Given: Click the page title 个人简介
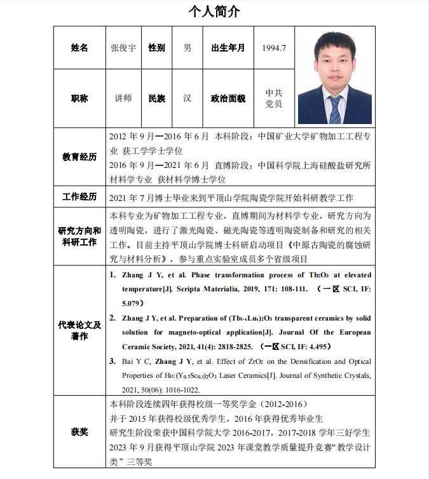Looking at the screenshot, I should pyautogui.click(x=214, y=11).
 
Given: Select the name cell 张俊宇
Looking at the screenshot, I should pyautogui.click(x=123, y=48).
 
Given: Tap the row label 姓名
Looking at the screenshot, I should pyautogui.click(x=79, y=48).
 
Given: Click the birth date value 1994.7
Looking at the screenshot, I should pyautogui.click(x=274, y=48).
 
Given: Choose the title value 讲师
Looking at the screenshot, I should pyautogui.click(x=123, y=98).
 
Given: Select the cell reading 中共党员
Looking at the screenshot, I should pyautogui.click(x=274, y=98).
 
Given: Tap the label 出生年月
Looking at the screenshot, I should pyautogui.click(x=228, y=48).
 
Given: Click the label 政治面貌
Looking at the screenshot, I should pyautogui.click(x=228, y=98).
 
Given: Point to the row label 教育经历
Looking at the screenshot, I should pyautogui.click(x=79, y=156).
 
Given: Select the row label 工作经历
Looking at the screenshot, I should pyautogui.click(x=79, y=197).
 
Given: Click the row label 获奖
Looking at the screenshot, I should pyautogui.click(x=79, y=433).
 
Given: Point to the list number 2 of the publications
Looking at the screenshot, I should pyautogui.click(x=112, y=317).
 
